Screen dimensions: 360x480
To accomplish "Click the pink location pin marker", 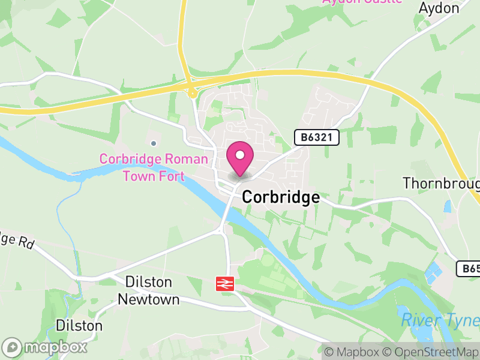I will (240, 158).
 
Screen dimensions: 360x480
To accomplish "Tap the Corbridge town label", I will (280, 198).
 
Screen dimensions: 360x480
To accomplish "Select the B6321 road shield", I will (317, 138).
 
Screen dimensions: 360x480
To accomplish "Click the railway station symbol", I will (225, 284).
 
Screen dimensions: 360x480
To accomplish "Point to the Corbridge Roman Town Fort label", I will (154, 167).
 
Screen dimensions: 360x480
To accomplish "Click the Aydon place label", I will (439, 8).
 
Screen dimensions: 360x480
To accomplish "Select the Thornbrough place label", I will (442, 182).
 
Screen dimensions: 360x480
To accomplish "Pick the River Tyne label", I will (440, 320).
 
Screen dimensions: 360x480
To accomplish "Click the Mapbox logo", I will (46, 347).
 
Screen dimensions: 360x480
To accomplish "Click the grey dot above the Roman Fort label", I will (154, 143).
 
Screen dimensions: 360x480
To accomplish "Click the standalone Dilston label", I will (79, 325).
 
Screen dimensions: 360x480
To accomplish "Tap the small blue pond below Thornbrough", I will (448, 207).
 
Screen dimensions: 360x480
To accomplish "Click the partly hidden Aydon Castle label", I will (362, 2).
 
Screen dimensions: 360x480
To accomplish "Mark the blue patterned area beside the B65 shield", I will (433, 272).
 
